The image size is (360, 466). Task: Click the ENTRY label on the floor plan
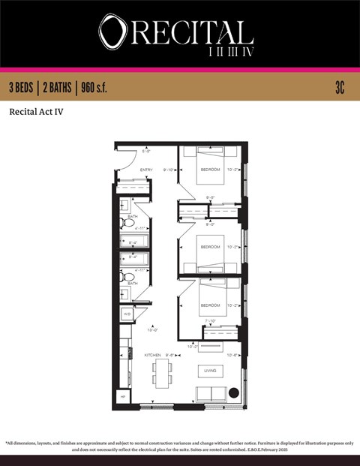(146, 170)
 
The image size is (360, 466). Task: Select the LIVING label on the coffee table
(211, 370)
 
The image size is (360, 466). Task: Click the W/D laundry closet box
(126, 314)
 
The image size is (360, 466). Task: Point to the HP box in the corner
(122, 395)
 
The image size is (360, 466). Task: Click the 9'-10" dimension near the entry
(169, 170)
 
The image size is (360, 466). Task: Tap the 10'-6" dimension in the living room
(233, 355)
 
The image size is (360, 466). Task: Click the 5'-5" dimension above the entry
(148, 151)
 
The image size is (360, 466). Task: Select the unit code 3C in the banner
(340, 88)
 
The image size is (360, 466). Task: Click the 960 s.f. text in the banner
(92, 88)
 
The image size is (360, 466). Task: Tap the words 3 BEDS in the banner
(23, 88)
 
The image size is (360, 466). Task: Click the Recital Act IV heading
(35, 113)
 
